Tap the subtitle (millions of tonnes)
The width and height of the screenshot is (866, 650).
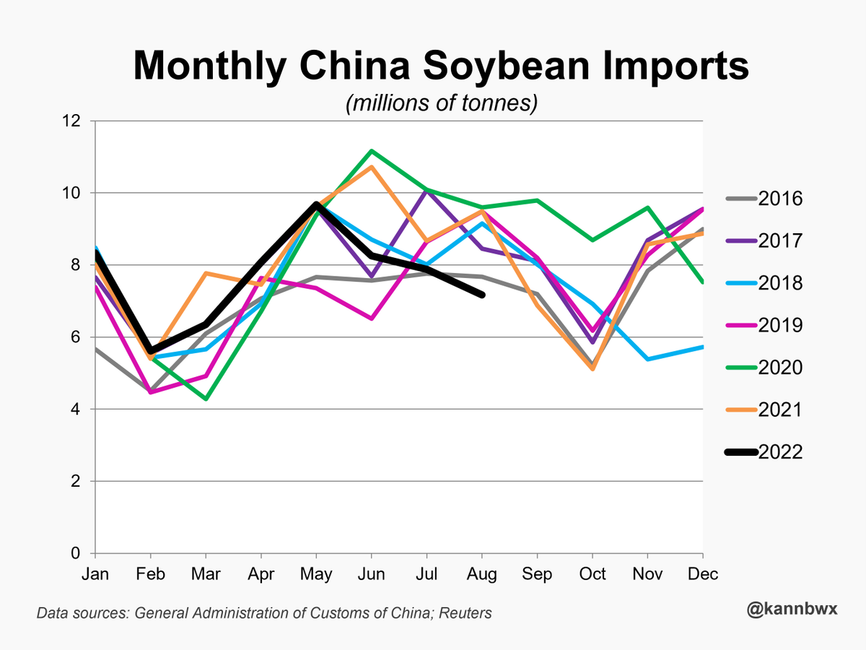[442, 103]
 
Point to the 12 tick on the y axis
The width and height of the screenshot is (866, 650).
[71, 121]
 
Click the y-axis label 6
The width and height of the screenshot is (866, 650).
[76, 337]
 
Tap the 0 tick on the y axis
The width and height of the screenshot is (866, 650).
[76, 554]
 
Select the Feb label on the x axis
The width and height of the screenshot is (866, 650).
[150, 574]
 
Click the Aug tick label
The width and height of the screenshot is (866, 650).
[481, 574]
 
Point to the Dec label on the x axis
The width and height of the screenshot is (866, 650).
[703, 574]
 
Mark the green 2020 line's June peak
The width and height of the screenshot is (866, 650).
[371, 151]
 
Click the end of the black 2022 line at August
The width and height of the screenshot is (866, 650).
[481, 295]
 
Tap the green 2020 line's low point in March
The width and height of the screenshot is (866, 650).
[206, 399]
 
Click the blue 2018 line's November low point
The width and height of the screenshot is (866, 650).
[647, 359]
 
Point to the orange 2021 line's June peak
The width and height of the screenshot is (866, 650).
[371, 167]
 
